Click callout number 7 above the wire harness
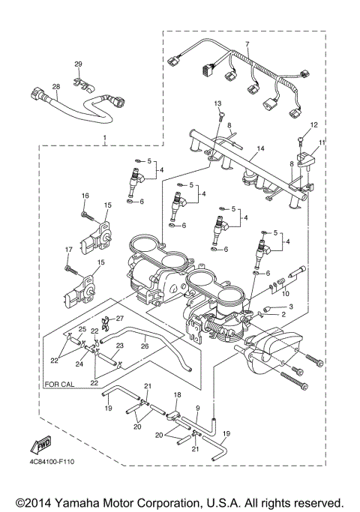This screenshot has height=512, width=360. point(247,45)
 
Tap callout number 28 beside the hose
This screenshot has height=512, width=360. point(55,87)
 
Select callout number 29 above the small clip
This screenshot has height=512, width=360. point(78,64)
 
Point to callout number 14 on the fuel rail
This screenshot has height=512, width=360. point(260,149)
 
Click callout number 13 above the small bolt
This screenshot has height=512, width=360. point(218,103)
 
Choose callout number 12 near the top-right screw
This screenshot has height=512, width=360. point(314,124)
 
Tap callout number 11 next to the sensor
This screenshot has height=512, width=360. point(321,142)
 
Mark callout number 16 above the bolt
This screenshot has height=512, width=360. point(85,196)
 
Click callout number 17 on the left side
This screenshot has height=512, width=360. point(67,250)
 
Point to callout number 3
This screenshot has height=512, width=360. point(290,307)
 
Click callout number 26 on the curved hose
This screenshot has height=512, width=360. point(144,346)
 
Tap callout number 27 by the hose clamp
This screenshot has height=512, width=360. point(118,318)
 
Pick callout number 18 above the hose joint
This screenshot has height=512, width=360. point(178,394)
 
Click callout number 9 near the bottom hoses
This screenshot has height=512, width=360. point(196,409)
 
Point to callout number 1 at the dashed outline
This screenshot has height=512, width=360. point(105,139)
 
